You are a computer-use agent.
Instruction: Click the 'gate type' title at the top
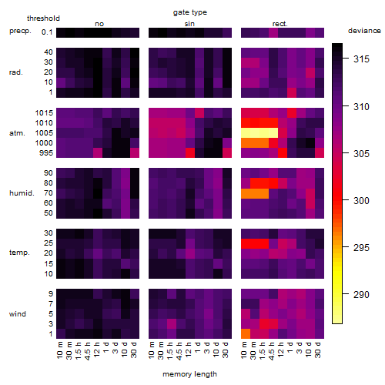(190, 12)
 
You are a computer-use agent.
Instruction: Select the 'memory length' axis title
(189, 374)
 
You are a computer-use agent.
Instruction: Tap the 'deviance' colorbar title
(364, 31)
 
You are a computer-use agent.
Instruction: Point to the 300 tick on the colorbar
(346, 200)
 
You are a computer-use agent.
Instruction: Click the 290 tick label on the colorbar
(361, 294)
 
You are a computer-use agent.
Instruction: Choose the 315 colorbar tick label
(361, 59)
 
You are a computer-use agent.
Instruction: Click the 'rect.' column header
(280, 24)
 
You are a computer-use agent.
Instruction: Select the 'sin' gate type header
(189, 24)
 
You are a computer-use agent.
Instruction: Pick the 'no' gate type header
(99, 24)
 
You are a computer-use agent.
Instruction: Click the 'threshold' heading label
(43, 18)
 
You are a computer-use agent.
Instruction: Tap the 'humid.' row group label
(22, 193)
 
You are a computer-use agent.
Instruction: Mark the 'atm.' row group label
(17, 133)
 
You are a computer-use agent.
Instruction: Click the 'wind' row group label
(18, 314)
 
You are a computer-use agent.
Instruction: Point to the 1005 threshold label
(44, 133)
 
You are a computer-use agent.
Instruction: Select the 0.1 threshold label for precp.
(47, 32)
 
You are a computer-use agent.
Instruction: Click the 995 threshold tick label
(46, 153)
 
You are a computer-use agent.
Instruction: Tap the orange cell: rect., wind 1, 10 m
(246, 333)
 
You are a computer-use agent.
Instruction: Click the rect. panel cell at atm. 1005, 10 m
(246, 133)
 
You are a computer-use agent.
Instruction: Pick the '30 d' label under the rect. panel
(318, 350)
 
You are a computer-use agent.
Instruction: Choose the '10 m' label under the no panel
(59, 350)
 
